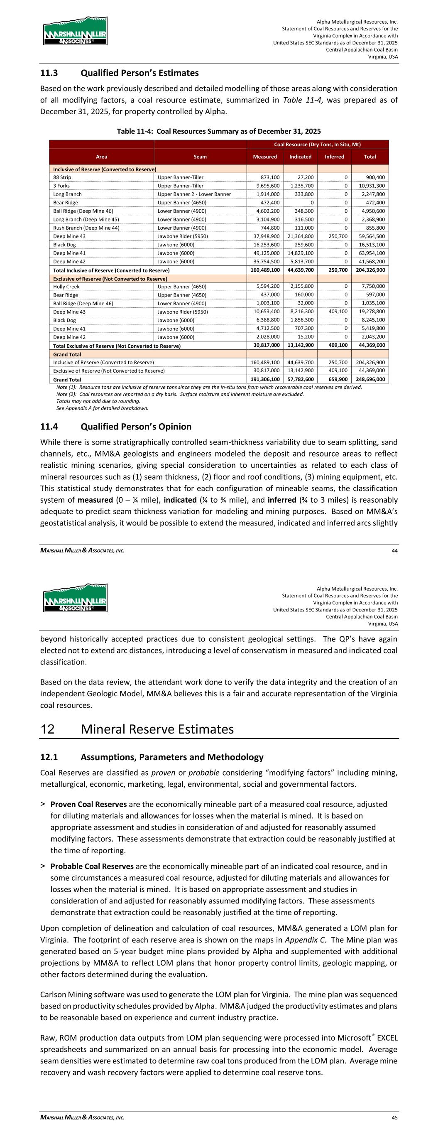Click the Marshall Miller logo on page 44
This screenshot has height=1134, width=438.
coord(75,31)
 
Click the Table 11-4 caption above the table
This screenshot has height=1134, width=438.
coord(218,131)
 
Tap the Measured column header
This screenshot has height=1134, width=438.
coord(265,157)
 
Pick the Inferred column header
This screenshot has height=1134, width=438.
coord(334,157)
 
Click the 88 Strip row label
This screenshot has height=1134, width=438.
coord(62,177)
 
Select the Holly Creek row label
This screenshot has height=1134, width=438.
coord(66,287)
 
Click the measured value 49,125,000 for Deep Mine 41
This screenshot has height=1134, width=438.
coord(265,253)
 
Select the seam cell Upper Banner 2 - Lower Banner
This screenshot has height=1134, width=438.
coord(194,194)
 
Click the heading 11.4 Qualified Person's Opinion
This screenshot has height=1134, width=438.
coord(116,427)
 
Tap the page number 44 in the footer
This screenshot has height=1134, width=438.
coord(394,550)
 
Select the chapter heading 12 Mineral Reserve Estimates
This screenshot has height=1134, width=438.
coord(137,729)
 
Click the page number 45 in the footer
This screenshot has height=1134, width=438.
coord(394,1117)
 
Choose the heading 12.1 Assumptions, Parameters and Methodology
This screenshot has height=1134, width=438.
coord(152,757)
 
